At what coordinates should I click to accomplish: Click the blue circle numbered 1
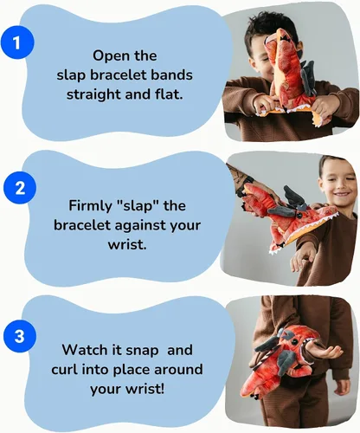point(17,42)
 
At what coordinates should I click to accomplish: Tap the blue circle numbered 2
point(20,188)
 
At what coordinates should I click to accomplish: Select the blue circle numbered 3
point(20,336)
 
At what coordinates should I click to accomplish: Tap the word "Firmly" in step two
point(90,207)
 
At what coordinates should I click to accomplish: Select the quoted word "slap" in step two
point(137,207)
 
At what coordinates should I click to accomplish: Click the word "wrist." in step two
point(127,245)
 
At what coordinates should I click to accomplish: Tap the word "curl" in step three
point(65,369)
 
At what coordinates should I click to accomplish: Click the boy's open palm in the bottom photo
point(331,352)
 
